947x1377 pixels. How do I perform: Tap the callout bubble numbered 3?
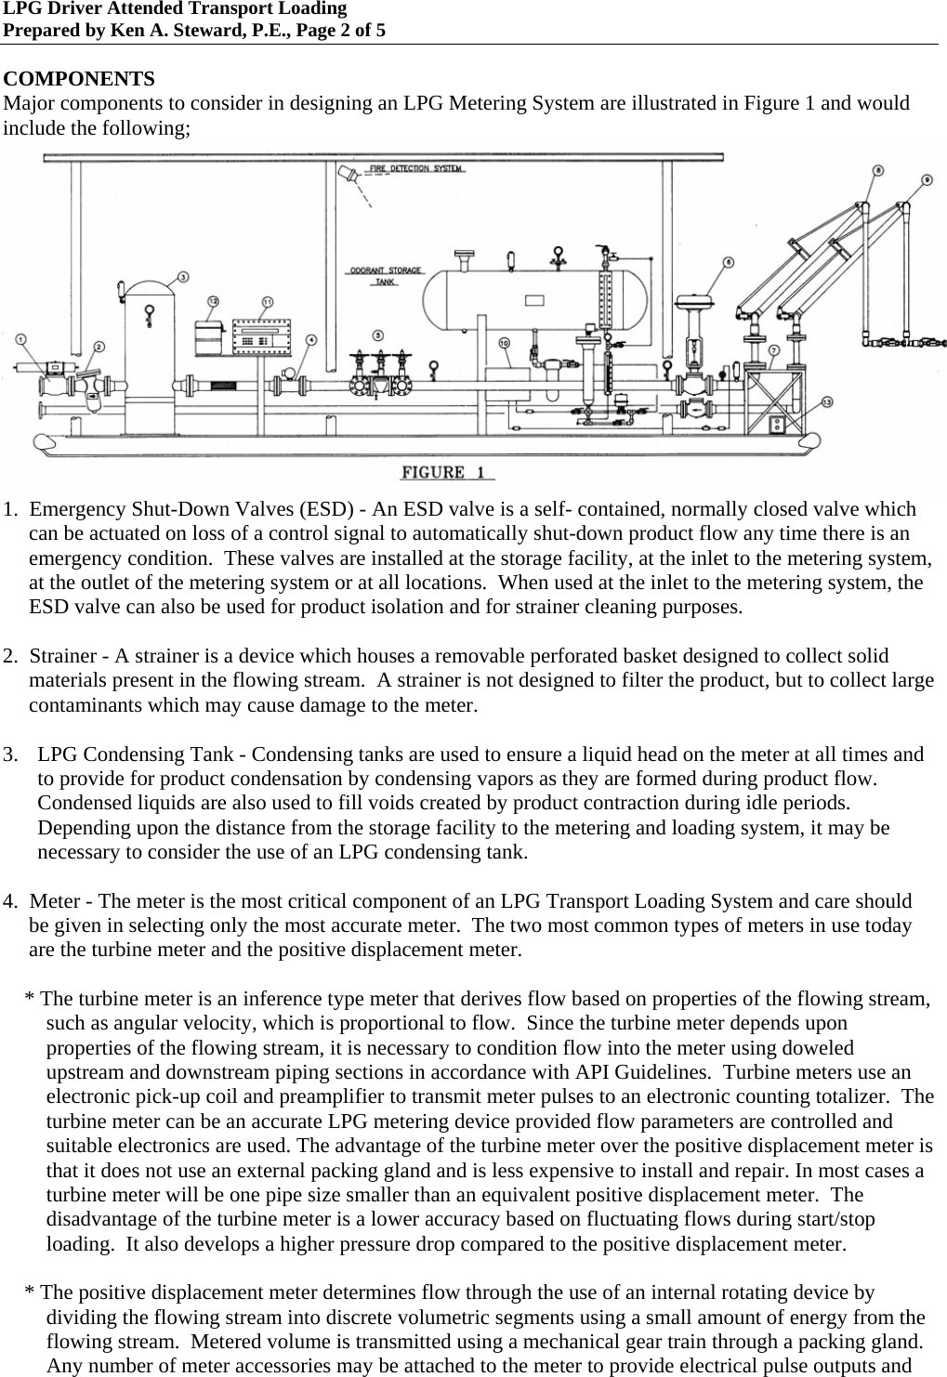(x=183, y=276)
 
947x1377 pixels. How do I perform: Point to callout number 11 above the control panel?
(x=268, y=301)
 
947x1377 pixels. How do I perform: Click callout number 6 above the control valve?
(x=729, y=263)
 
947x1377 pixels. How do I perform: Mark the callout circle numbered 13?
(x=827, y=401)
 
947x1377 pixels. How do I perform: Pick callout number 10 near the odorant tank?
(x=505, y=344)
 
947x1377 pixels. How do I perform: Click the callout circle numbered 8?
(x=878, y=170)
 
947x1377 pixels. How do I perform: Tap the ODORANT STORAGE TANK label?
(x=385, y=275)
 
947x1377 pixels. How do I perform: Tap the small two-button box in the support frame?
(x=777, y=425)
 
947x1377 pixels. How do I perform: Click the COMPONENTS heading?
(x=80, y=77)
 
